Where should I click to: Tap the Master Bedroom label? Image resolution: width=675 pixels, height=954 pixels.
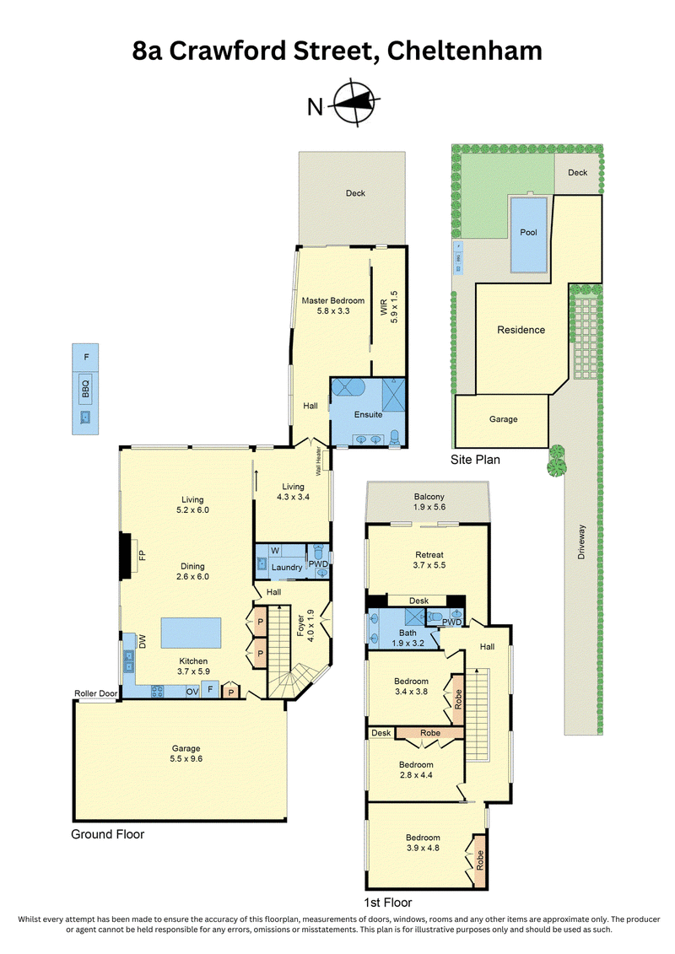pyautogui.click(x=333, y=300)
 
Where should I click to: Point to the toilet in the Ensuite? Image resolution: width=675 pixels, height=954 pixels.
pyautogui.click(x=394, y=437)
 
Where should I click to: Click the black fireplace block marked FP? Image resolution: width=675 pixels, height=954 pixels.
pyautogui.click(x=125, y=556)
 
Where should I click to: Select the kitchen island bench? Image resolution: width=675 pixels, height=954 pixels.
pyautogui.click(x=192, y=633)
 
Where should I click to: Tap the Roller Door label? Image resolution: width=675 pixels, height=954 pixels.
pyautogui.click(x=96, y=693)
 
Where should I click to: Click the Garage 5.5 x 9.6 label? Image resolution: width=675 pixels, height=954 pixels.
pyautogui.click(x=186, y=754)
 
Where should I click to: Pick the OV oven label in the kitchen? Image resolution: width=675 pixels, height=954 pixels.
pyautogui.click(x=192, y=692)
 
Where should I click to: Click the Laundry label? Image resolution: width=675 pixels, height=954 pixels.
pyautogui.click(x=287, y=567)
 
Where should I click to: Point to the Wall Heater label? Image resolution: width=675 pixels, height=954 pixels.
pyautogui.click(x=318, y=461)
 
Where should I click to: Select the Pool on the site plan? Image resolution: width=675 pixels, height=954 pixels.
pyautogui.click(x=528, y=234)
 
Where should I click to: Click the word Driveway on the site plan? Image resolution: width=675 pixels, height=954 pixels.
pyautogui.click(x=581, y=542)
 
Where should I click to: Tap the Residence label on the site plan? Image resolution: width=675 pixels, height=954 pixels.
pyautogui.click(x=521, y=330)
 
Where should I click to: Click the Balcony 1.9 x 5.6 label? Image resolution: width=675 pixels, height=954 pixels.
pyautogui.click(x=429, y=502)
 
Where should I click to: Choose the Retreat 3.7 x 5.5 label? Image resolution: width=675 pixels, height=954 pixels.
pyautogui.click(x=429, y=560)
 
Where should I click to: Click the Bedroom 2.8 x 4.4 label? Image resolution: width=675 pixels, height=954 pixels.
pyautogui.click(x=416, y=769)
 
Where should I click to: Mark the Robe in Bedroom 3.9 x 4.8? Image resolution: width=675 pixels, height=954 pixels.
pyautogui.click(x=479, y=860)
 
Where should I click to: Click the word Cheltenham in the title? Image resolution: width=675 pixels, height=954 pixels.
pyautogui.click(x=464, y=51)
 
